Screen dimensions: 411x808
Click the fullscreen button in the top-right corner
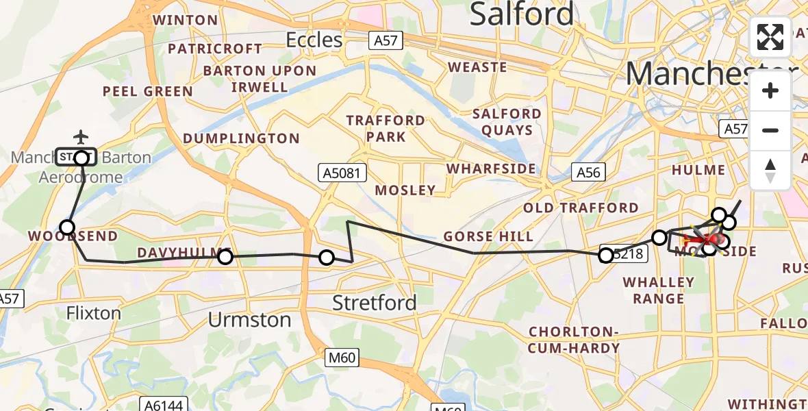[x=770, y=37]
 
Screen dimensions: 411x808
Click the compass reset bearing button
[x=770, y=171]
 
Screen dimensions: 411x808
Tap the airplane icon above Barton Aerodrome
[x=81, y=137]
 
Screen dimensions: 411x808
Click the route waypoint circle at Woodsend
[x=67, y=227]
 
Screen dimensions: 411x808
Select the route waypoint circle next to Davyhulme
[x=225, y=257]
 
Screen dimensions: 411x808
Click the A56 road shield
[x=588, y=173]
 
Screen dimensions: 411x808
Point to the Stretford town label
[x=374, y=302]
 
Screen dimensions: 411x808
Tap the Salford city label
[x=522, y=14]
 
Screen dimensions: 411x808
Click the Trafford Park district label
[x=386, y=128]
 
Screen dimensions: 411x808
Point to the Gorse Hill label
[x=488, y=237]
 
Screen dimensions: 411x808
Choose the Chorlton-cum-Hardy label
[x=574, y=340]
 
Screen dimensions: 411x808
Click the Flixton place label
[x=94, y=313]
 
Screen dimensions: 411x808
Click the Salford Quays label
[x=507, y=122]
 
